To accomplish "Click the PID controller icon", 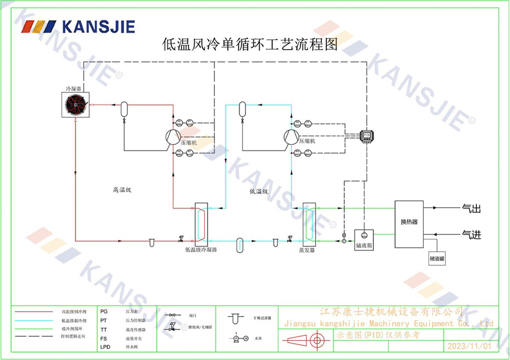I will tap(367, 136).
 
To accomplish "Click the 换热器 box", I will tap(409, 222).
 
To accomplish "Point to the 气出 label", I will tap(471, 209).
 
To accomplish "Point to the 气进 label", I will tap(471, 235).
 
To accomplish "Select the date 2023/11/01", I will tap(469, 346).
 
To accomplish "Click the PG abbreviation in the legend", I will tap(104, 311).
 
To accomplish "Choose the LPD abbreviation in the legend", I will tap(105, 347).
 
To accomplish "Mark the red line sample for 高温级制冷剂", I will tap(34, 311).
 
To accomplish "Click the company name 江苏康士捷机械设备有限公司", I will tap(391, 312).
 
